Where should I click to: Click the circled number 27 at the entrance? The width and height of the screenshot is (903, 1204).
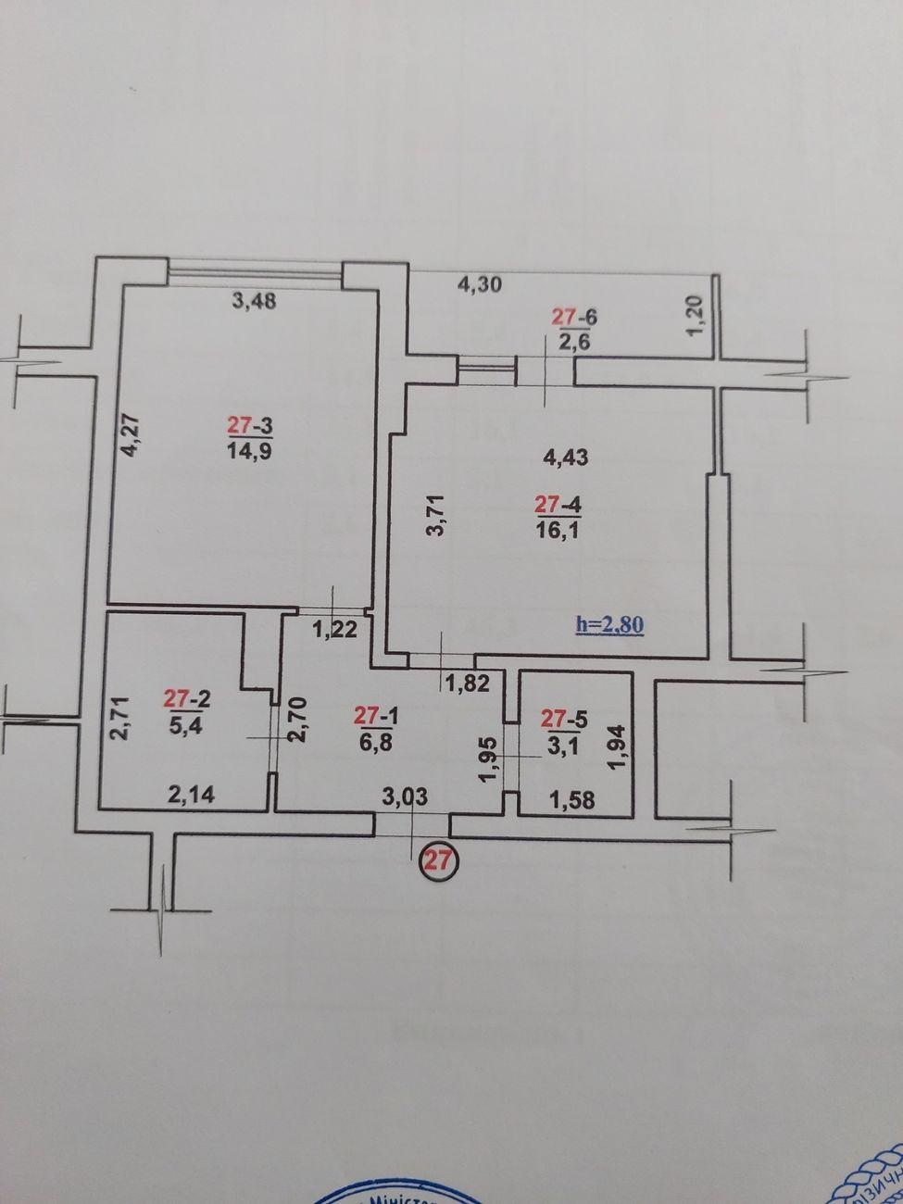pos(437,859)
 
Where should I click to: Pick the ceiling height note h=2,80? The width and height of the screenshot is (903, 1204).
pos(609,624)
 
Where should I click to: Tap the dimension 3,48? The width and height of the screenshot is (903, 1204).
pos(254,301)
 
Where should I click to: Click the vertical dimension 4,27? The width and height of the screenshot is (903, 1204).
pos(131,433)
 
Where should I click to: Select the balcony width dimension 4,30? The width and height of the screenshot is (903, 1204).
pos(480,284)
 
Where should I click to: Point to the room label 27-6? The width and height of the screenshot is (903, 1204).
pos(574,317)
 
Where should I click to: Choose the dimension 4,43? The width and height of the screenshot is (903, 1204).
pos(567,456)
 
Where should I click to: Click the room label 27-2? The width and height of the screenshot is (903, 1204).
pos(186,696)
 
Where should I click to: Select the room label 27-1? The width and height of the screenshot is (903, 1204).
pos(378,715)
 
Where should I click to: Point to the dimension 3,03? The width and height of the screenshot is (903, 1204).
pos(405,796)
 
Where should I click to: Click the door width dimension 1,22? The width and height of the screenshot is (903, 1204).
pos(334,631)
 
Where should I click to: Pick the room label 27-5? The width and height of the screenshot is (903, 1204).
pos(566,717)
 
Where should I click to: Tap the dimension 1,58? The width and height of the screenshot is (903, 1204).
pos(571,798)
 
